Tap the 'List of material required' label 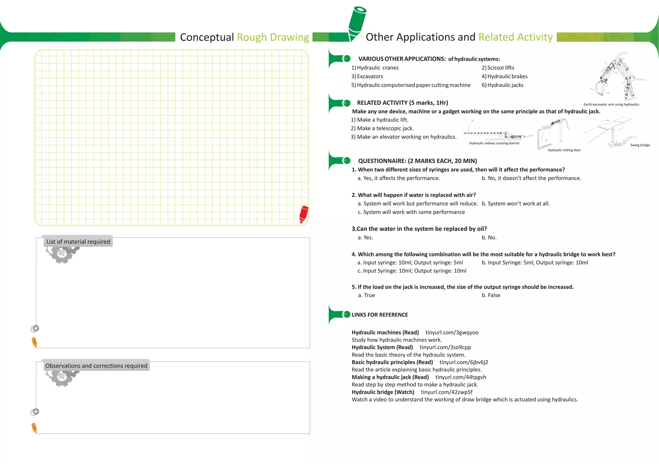point(78,242)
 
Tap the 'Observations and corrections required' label point(96,366)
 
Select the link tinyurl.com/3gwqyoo point(452,333)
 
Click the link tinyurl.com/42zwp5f point(447,392)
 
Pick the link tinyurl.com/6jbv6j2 point(464,362)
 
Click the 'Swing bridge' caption point(640,145)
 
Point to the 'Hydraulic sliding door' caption point(564,150)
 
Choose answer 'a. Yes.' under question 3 point(365,237)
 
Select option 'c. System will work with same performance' point(411,212)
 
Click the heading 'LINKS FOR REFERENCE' point(380,315)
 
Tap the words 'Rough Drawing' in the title point(273,37)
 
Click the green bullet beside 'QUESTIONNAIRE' point(347,160)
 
